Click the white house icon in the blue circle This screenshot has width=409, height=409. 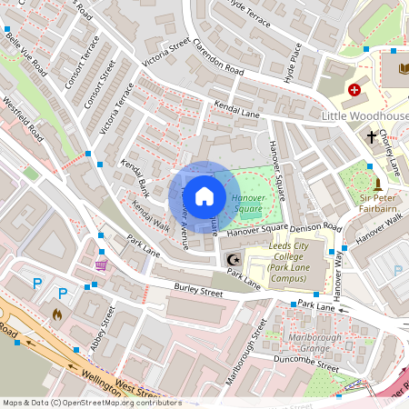click(x=204, y=195)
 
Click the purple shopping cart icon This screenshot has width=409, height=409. click(x=100, y=265)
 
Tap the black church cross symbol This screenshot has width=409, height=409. click(x=372, y=137)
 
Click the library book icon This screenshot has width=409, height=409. click(x=403, y=69)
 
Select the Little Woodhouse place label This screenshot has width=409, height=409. click(x=364, y=117)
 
